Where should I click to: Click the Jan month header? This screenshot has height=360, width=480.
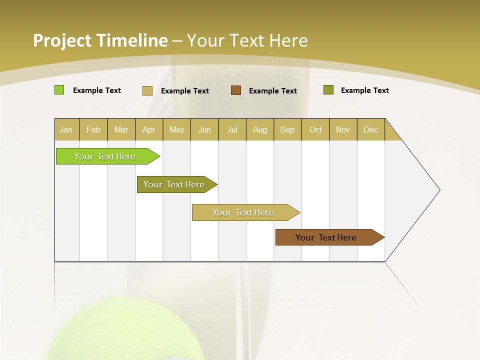click(66, 129)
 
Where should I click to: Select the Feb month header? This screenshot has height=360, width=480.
click(93, 129)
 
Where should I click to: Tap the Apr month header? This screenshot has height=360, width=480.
click(148, 129)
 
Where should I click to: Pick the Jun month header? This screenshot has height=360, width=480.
click(204, 129)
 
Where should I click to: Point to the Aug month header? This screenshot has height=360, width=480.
click(259, 129)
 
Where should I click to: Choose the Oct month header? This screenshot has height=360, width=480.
click(315, 129)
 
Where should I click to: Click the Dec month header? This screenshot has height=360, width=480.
click(370, 129)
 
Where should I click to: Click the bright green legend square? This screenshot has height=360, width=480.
click(59, 90)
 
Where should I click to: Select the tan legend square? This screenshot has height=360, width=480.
click(147, 90)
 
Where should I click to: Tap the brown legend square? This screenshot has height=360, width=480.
click(236, 90)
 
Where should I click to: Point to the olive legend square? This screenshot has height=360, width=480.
click(328, 90)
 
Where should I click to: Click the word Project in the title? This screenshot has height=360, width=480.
click(62, 40)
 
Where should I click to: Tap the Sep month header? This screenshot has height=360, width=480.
click(287, 129)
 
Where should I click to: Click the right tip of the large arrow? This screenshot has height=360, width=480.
click(439, 189)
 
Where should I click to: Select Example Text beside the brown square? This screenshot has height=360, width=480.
click(272, 90)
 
